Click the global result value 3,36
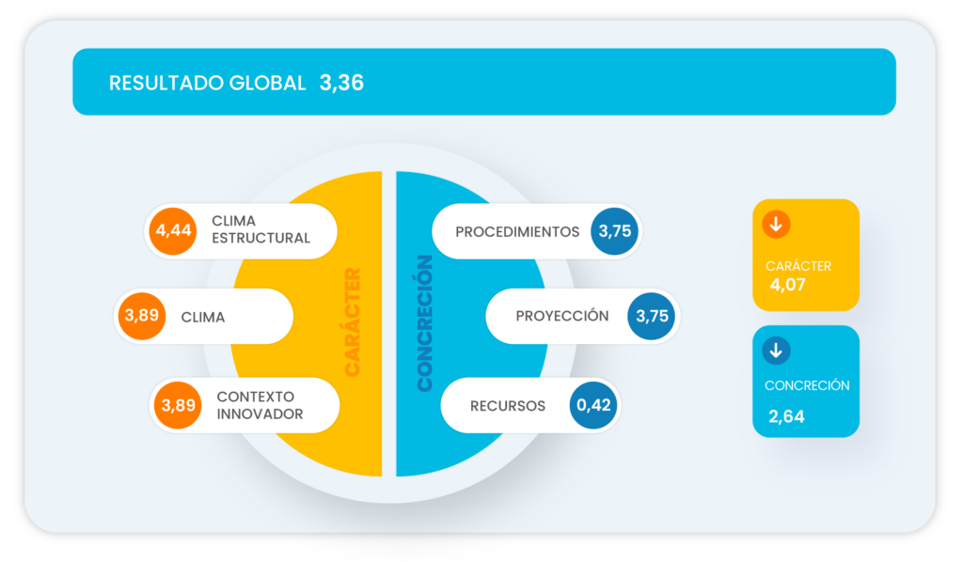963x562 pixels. pyautogui.click(x=341, y=83)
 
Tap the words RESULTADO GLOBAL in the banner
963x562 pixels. pyautogui.click(x=207, y=83)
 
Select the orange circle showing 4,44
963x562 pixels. pyautogui.click(x=171, y=230)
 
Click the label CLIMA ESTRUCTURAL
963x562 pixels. pyautogui.click(x=260, y=230)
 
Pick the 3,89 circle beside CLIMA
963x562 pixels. pyautogui.click(x=141, y=317)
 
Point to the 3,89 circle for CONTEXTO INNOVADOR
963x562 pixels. pyautogui.click(x=178, y=406)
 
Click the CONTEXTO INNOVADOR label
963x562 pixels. pyautogui.click(x=260, y=406)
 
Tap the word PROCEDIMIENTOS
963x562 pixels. pyautogui.click(x=517, y=231)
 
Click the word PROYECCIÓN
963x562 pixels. pyautogui.click(x=561, y=316)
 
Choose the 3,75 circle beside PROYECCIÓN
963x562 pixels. pyautogui.click(x=652, y=316)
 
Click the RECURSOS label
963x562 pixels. pyautogui.click(x=508, y=406)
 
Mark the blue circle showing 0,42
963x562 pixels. pyautogui.click(x=594, y=406)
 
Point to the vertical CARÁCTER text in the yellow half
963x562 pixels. pyautogui.click(x=353, y=322)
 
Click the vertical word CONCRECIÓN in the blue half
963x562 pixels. pyautogui.click(x=424, y=322)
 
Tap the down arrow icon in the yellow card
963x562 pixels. pyautogui.click(x=776, y=225)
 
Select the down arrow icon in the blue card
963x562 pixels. pyautogui.click(x=776, y=351)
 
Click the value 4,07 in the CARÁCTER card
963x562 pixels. pyautogui.click(x=787, y=285)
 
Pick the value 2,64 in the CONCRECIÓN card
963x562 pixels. pyautogui.click(x=786, y=416)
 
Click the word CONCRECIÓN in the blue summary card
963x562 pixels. pyautogui.click(x=806, y=385)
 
